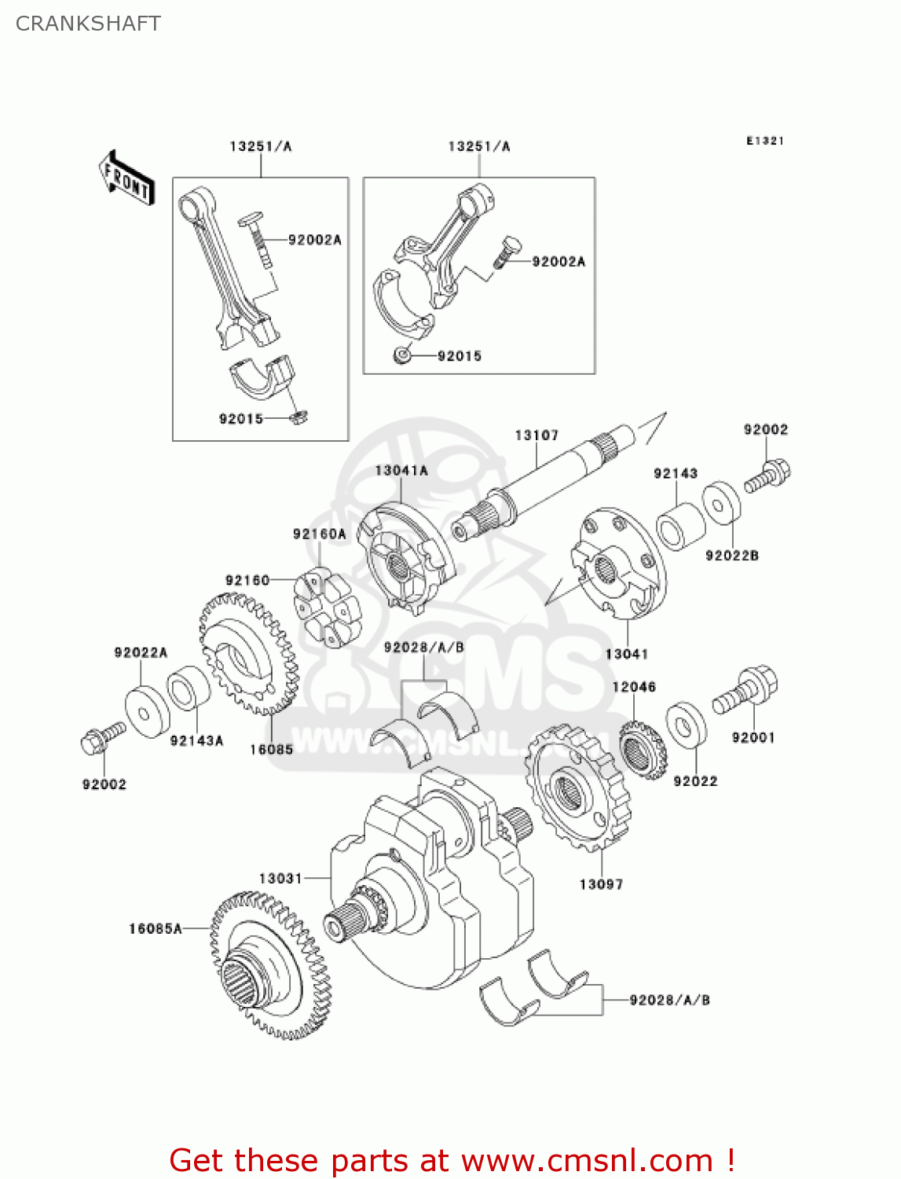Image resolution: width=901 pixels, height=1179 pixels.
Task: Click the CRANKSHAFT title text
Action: pos(88,24)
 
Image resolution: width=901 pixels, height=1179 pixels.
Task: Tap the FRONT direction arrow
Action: pos(126,178)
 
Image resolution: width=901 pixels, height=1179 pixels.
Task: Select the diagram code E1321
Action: pos(764,141)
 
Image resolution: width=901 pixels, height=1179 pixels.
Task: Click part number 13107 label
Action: pos(537,435)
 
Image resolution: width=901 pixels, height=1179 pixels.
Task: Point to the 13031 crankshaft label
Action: pos(280,878)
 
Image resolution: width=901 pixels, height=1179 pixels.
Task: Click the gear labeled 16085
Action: pos(247,653)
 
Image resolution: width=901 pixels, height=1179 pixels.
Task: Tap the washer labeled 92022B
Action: pos(721,503)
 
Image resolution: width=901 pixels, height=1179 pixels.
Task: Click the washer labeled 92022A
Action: pos(147,712)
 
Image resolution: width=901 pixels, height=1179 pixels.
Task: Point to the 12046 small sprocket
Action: pos(642,750)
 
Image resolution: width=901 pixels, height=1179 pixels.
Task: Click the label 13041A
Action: pos(401,471)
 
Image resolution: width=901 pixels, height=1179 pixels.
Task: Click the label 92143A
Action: pos(196,740)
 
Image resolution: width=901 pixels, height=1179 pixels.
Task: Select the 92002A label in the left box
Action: pos(314,240)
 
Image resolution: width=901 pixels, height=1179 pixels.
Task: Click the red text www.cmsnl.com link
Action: pos(586,1161)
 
